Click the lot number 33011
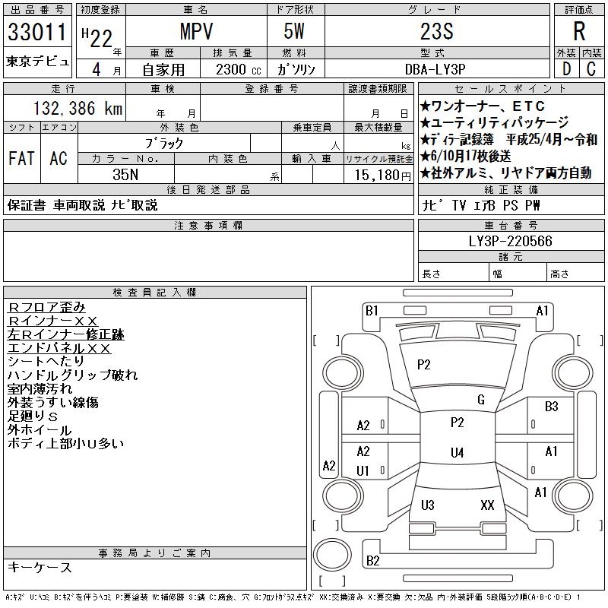tap(38, 33)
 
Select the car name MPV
tap(195, 32)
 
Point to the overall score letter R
tap(579, 32)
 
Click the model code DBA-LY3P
tap(435, 69)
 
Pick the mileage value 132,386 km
tap(78, 109)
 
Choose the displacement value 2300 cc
tap(227, 69)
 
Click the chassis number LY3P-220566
tap(511, 242)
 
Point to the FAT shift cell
tap(21, 158)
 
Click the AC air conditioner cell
tap(59, 158)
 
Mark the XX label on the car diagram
tap(488, 505)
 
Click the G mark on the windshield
tap(480, 400)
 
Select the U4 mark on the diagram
tap(457, 453)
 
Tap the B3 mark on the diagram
tap(552, 407)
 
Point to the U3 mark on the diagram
tap(427, 505)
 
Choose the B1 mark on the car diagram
tap(372, 310)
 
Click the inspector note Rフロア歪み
tap(46, 307)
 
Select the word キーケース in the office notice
tap(40, 568)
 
